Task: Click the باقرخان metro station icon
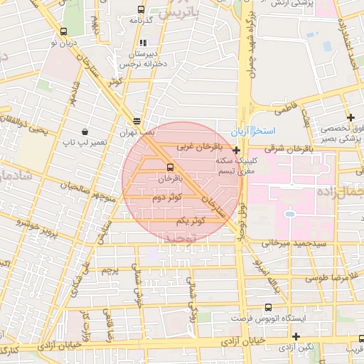[x=159, y=166]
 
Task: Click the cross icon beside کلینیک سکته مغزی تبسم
[x=236, y=150]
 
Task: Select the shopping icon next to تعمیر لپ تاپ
[x=85, y=132]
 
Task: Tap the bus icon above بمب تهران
[x=136, y=122]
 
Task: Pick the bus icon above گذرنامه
[x=141, y=10]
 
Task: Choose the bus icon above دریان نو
[x=64, y=31]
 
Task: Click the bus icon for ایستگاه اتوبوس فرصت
[x=267, y=308]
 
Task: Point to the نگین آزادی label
[x=297, y=347]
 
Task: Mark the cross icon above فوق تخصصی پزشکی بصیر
[x=350, y=117]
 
